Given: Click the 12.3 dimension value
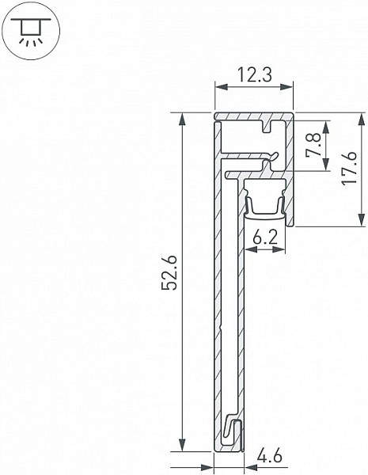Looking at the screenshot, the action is click(254, 75).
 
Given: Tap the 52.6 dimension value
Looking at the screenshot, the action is click(169, 272).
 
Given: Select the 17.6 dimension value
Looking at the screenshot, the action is click(349, 168).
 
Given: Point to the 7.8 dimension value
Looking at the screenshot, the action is click(313, 145).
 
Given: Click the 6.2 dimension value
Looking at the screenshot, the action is click(265, 238).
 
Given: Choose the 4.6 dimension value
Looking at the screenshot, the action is click(269, 456).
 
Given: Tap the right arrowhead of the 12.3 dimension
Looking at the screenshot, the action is click(286, 87).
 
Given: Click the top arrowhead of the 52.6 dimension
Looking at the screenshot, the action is click(182, 120).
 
